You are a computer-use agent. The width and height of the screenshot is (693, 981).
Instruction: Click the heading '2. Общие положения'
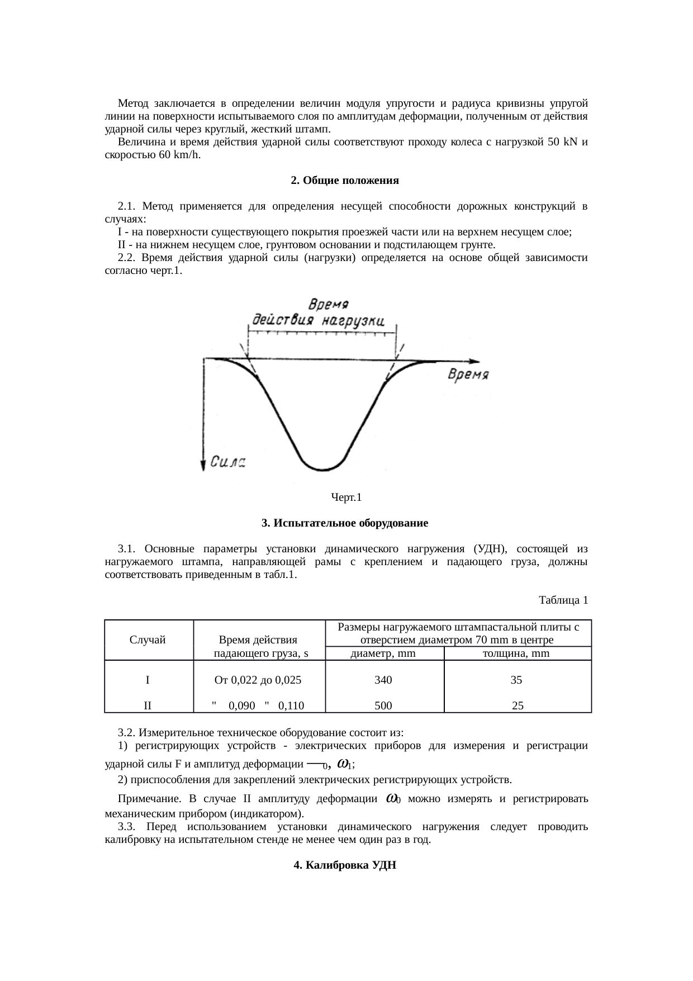345,181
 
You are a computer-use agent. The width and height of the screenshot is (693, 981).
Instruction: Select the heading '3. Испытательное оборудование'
345,523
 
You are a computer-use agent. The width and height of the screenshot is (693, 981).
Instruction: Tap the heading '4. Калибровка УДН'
345,865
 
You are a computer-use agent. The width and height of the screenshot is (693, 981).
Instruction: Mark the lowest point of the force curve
322,470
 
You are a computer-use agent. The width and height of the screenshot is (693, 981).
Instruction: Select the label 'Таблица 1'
563,600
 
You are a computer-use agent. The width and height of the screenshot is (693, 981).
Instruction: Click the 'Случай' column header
148,641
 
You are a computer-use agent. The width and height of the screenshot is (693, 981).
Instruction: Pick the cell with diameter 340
383,680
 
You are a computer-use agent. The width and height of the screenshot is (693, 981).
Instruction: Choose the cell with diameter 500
383,705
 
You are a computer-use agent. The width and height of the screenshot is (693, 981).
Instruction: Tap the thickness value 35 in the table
516,680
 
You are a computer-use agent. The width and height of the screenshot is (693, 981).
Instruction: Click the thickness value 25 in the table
518,705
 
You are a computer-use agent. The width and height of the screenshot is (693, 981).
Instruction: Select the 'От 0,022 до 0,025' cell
258,680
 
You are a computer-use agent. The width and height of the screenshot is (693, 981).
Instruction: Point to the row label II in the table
148,705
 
